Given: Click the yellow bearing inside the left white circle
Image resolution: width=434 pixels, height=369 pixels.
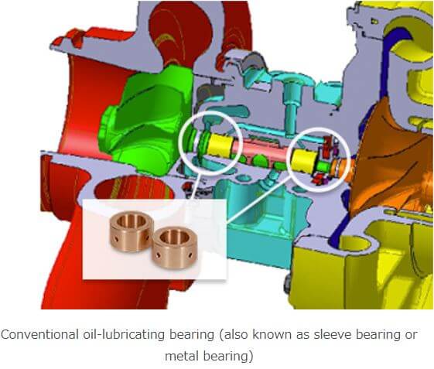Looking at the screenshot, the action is pyautogui.click(x=220, y=145).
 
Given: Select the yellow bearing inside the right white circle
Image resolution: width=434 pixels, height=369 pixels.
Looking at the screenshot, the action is pyautogui.click(x=304, y=161).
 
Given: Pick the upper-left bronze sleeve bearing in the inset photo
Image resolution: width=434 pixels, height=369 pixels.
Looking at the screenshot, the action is pyautogui.click(x=132, y=231).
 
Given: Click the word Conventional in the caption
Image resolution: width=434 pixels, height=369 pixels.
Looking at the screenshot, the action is pyautogui.click(x=39, y=334).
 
